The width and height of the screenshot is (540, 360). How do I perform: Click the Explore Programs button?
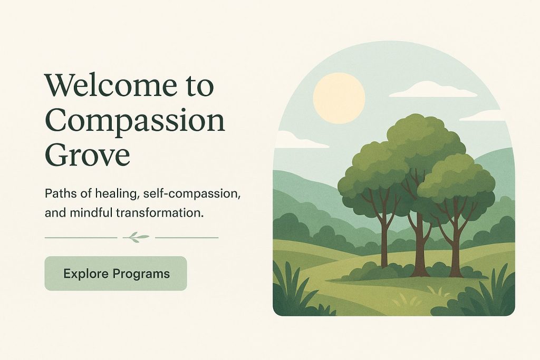click(115, 273)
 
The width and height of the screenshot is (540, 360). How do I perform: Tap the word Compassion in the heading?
click(135, 121)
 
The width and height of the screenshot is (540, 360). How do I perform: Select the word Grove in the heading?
click(88, 154)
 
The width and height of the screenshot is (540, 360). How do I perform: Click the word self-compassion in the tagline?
click(192, 194)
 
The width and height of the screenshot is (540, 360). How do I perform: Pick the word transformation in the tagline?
click(159, 213)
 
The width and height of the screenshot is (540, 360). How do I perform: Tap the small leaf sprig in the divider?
click(136, 237)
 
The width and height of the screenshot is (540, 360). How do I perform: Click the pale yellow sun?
click(339, 99)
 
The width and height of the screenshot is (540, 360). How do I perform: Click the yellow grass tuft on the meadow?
click(407, 301)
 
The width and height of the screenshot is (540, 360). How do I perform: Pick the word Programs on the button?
click(141, 274)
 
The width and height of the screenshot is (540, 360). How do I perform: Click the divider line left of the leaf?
click(81, 238)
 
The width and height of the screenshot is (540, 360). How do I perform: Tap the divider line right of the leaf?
click(187, 238)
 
